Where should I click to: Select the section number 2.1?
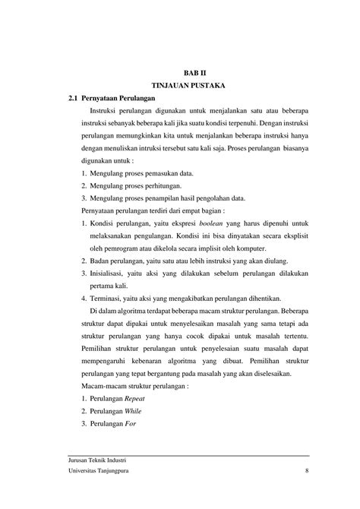pos(74,99)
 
